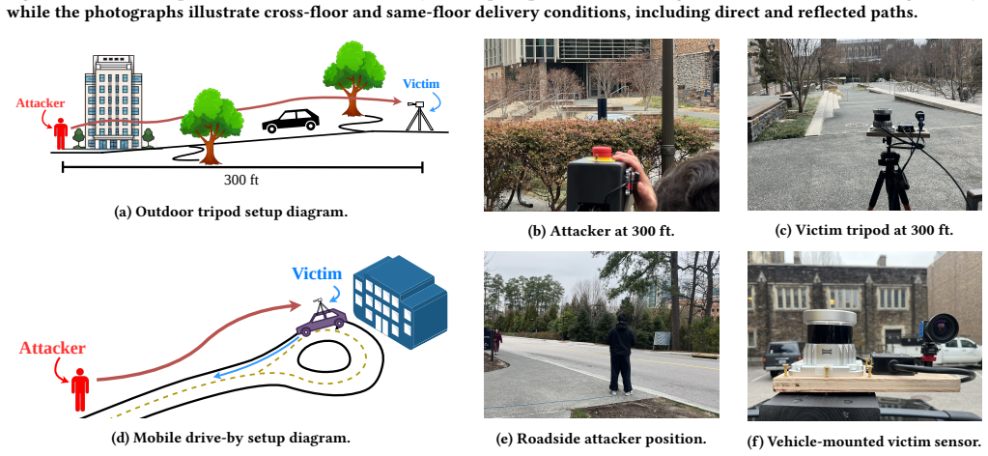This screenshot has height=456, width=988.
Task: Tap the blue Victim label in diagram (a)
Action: coord(421,84)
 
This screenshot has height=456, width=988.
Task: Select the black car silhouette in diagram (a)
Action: coord(291,121)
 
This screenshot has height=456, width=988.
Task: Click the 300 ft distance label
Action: coord(241,181)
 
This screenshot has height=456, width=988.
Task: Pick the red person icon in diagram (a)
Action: coord(61,133)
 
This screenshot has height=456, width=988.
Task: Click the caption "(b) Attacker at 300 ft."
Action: coord(601,231)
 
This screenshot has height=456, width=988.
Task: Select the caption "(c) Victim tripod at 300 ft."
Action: coord(863,230)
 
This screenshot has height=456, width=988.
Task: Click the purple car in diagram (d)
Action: coord(322,321)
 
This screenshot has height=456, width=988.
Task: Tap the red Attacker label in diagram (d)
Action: coord(52,348)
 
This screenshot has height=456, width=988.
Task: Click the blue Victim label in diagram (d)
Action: coord(317,273)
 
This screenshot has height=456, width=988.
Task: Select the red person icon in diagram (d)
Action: coord(80,389)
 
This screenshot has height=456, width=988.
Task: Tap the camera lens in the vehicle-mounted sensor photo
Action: coord(942,328)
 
